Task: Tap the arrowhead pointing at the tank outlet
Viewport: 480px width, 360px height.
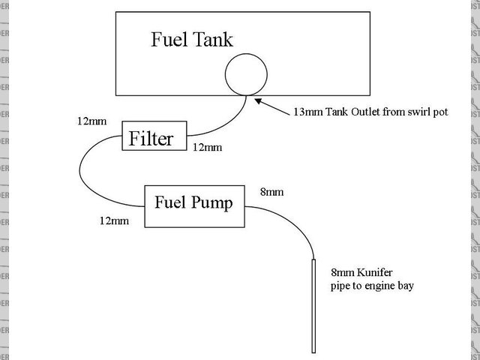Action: pyautogui.click(x=256, y=99)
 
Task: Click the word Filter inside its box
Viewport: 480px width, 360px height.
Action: pyautogui.click(x=151, y=139)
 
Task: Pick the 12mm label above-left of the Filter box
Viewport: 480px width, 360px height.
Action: pyautogui.click(x=91, y=121)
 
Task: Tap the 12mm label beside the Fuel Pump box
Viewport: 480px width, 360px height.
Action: pyautogui.click(x=112, y=220)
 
